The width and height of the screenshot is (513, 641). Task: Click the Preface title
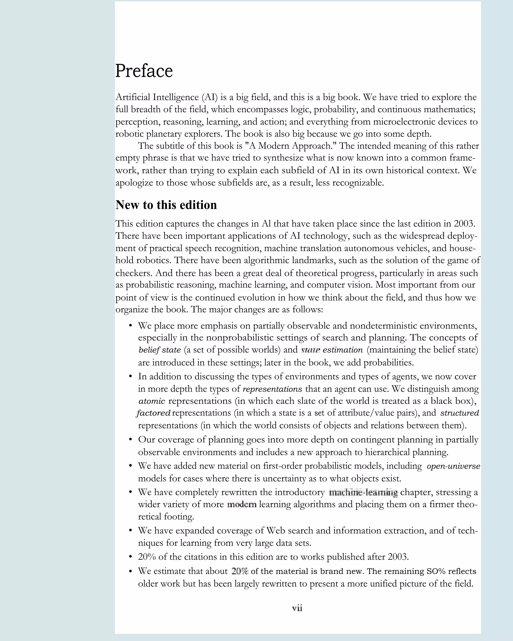[144, 71]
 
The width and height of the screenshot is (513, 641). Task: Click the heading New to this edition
[166, 205]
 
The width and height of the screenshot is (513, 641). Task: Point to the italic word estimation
[343, 350]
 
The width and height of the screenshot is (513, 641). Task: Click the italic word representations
[273, 389]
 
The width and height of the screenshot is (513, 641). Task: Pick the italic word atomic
[152, 401]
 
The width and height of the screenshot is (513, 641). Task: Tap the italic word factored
[154, 413]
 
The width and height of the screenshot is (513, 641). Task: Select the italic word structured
[459, 413]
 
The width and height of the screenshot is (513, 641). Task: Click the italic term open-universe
[453, 466]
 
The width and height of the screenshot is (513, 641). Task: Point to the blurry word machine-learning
[363, 493]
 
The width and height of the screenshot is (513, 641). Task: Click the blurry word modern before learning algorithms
[242, 505]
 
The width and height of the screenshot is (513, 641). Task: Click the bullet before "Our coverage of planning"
[130, 439]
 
